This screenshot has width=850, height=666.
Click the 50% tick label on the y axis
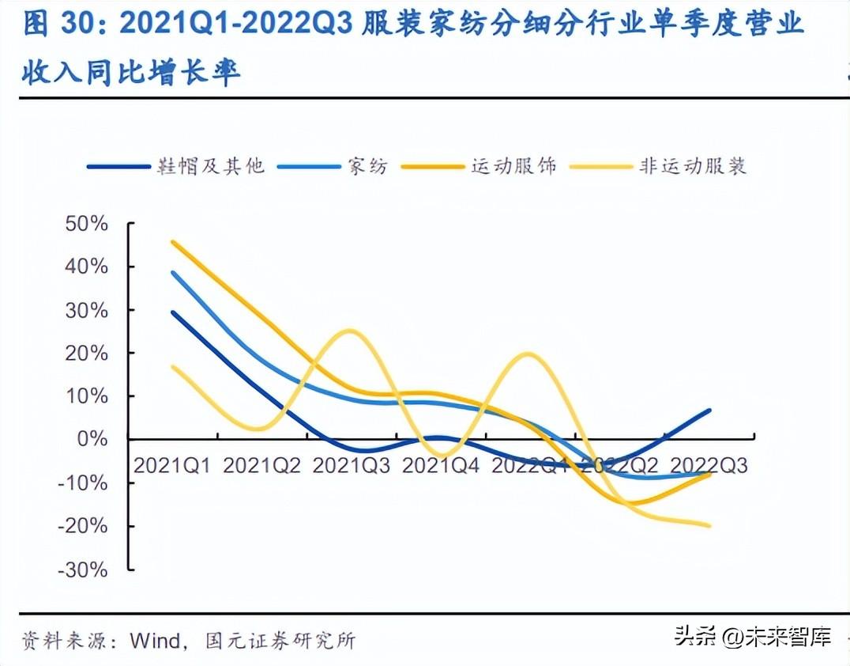tap(87, 224)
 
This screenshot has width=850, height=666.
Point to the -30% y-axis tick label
tap(83, 569)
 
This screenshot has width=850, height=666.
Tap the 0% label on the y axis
tap(93, 439)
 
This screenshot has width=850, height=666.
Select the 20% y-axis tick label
tap(87, 353)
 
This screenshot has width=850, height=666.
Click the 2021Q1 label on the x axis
tap(171, 465)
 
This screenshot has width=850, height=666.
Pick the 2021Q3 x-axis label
tap(351, 465)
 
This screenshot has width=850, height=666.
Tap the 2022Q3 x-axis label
tap(709, 465)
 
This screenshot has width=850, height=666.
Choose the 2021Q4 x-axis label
tap(441, 465)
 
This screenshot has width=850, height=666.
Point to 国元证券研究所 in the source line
tap(280, 639)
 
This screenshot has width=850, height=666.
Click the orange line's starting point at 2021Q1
tap(172, 242)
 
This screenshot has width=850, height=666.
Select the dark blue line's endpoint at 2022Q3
tap(709, 411)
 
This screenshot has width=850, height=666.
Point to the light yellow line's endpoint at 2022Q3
tap(709, 525)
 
